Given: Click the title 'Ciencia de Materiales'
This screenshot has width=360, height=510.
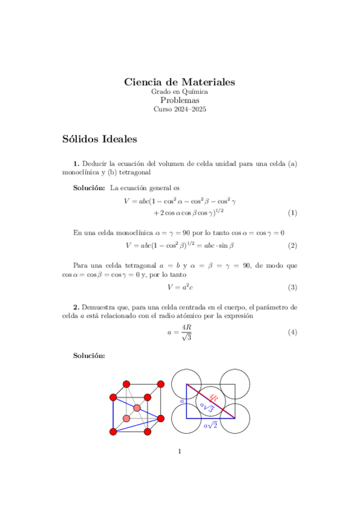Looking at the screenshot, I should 179,82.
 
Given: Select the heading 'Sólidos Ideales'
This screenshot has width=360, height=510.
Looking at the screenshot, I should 100,140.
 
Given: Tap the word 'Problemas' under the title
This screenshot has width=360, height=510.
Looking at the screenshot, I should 179,100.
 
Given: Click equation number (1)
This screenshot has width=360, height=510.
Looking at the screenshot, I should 292,213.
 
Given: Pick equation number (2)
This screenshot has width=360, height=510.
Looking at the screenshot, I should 292,245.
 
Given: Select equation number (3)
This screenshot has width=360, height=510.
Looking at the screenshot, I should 292,287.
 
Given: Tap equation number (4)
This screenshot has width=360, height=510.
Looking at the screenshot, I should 292,333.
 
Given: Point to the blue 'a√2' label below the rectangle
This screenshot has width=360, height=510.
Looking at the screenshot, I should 210,425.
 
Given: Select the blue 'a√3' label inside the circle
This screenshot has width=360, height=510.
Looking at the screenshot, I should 206,408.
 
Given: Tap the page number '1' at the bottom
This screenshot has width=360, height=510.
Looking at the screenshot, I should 180,452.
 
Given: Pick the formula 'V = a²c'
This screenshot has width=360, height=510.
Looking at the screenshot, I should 179,287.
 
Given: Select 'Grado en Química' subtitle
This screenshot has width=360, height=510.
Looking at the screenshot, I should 179,92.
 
